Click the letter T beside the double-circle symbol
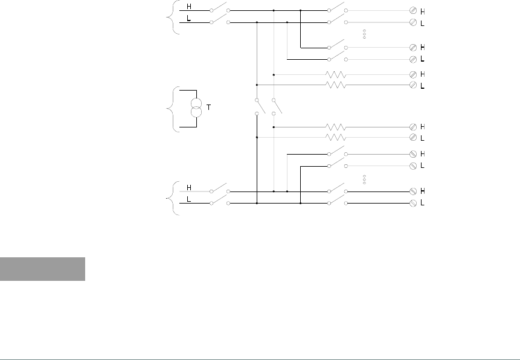coord(209,107)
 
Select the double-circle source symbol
coord(196,108)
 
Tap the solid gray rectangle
coord(42,269)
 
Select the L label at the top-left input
coord(189,18)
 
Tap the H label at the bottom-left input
coord(189,188)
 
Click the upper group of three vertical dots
coord(365,34)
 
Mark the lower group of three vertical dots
coord(365,179)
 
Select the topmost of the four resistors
coord(336,75)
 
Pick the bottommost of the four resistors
coord(336,138)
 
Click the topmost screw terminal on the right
coord(413,10)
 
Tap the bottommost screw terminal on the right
coord(413,204)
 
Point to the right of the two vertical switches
coord(274,106)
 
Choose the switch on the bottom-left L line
coord(219,202)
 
